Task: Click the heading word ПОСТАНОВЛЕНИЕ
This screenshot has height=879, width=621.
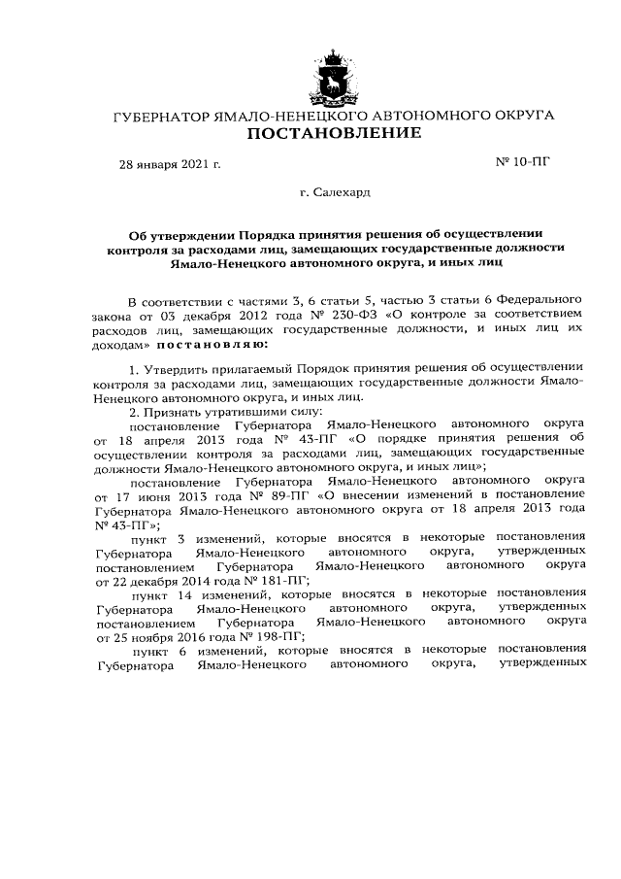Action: point(333,132)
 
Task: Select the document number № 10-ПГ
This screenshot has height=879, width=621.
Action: point(523,162)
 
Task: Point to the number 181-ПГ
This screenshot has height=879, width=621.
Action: point(278,581)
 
